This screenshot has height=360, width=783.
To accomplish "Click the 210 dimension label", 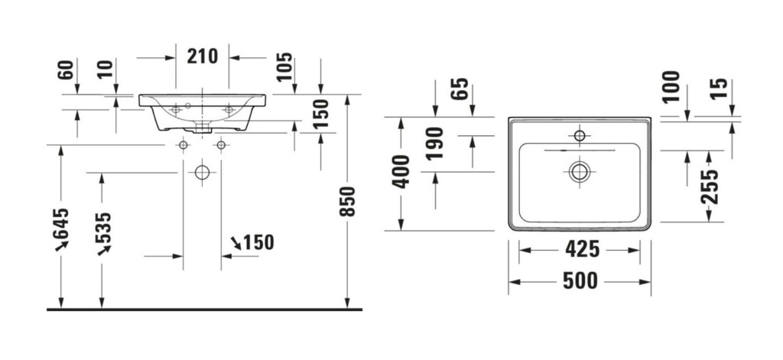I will coord(202,56).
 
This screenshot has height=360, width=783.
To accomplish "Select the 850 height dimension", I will coord(348,202).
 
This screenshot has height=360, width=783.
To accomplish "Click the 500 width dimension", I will coord(579,281).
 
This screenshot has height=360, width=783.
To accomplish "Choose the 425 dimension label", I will coord(579,248).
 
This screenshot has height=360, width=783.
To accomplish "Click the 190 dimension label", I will coord(436,144).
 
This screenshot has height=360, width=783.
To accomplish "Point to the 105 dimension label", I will coord(284,69).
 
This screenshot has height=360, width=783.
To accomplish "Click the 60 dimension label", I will coord(66,70).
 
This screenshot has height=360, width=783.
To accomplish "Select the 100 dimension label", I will coord(671,86).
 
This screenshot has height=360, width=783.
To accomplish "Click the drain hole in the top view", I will coord(579,171).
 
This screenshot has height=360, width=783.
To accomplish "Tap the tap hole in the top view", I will coord(579,137).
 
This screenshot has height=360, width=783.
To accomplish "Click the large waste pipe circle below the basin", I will coord(203,173).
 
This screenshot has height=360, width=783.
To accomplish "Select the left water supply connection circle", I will coord(184,144).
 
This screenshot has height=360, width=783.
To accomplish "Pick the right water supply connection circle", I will coord(222,144).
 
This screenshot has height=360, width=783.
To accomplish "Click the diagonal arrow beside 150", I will coord(236,243).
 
